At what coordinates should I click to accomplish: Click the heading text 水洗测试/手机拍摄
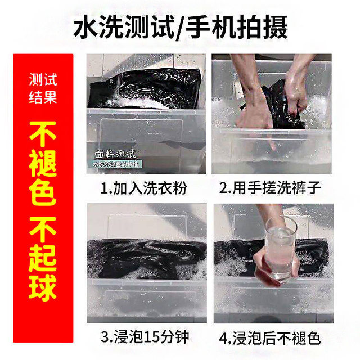180,27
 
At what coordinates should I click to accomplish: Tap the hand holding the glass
269,264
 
